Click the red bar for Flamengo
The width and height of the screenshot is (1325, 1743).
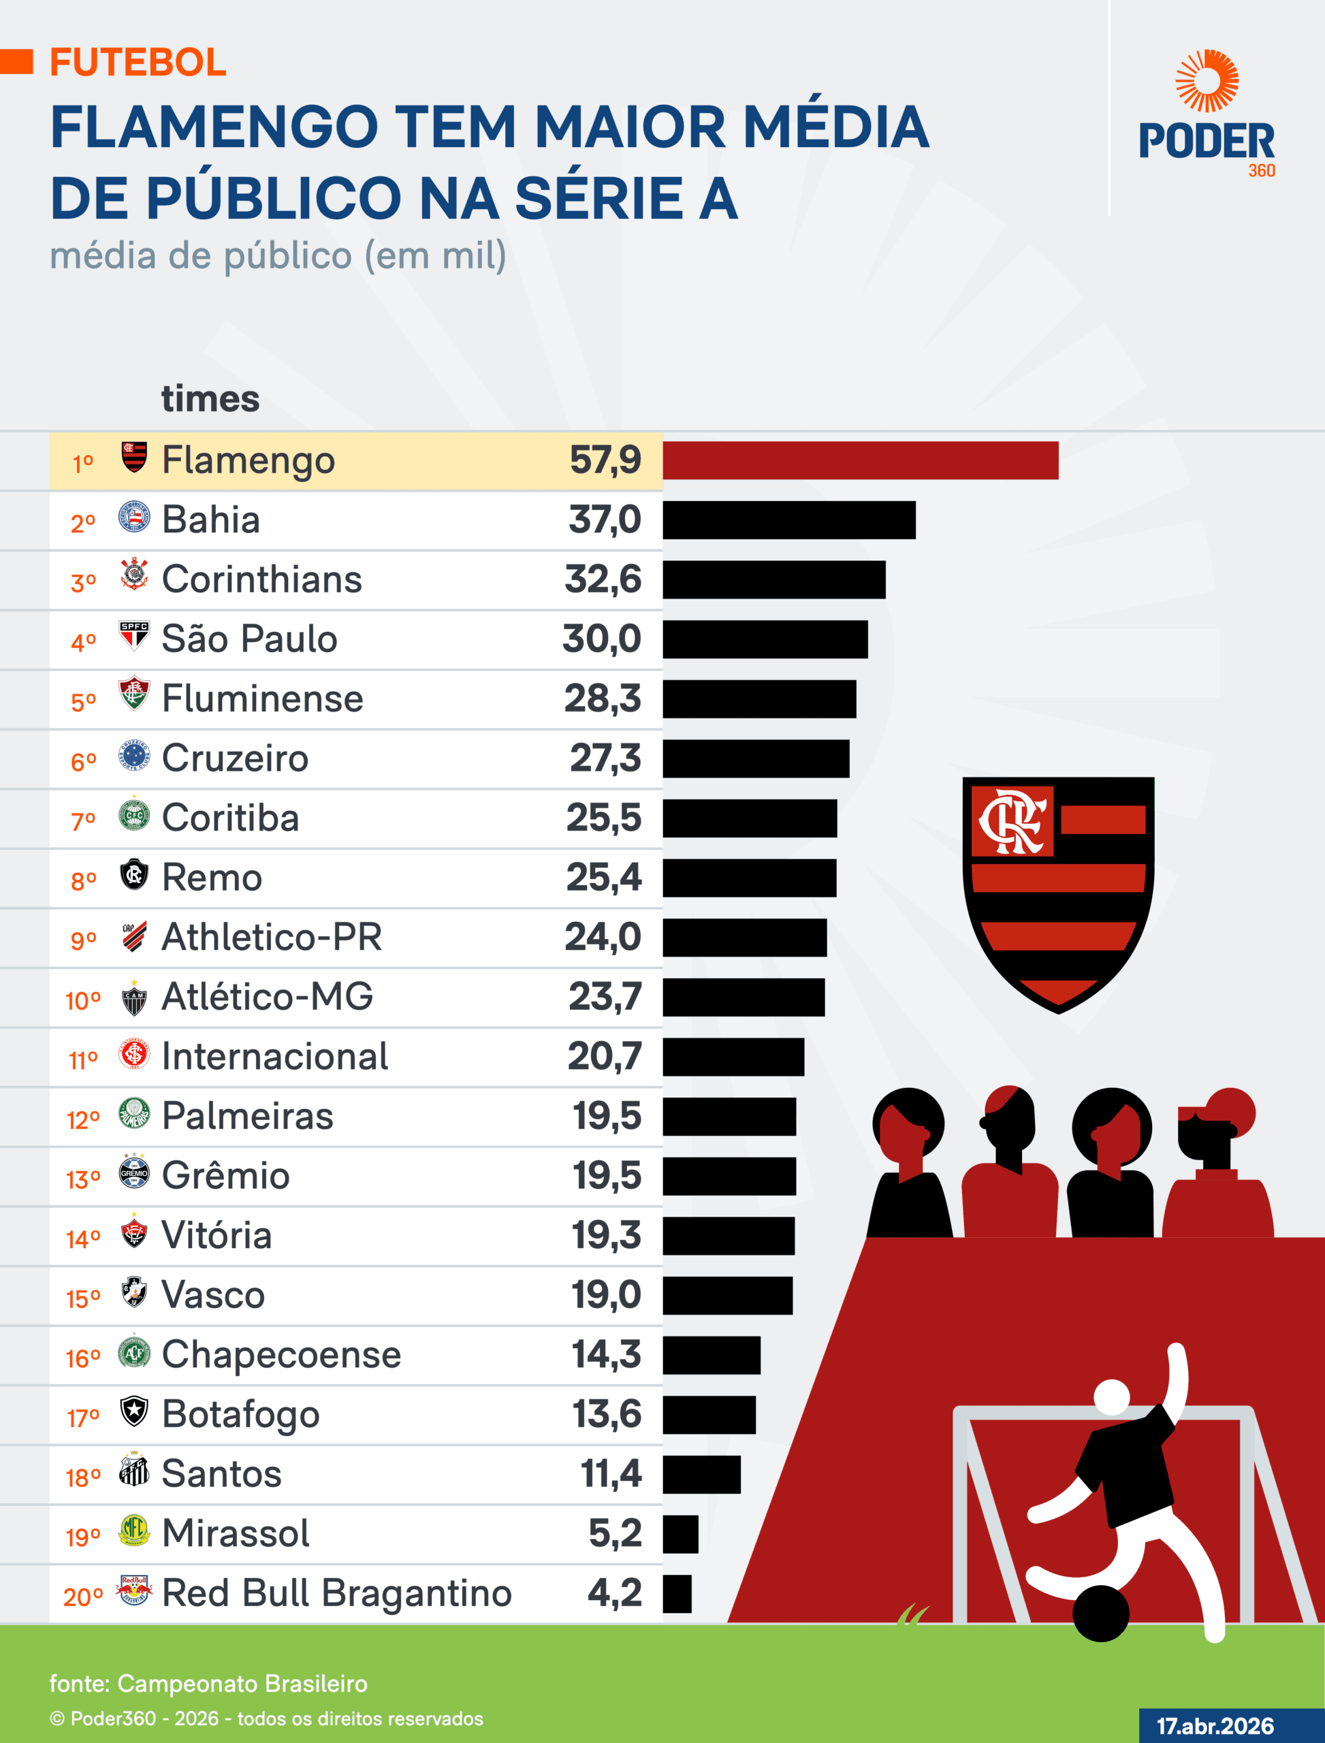pyautogui.click(x=860, y=460)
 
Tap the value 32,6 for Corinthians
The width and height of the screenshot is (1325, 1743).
pyautogui.click(x=603, y=579)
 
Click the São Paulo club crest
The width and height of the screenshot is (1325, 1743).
pyautogui.click(x=134, y=636)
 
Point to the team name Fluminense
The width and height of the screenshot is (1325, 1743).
pyautogui.click(x=263, y=699)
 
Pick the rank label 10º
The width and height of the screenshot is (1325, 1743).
pyautogui.click(x=83, y=1001)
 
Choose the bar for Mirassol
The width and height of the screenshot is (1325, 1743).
pyautogui.click(x=680, y=1534)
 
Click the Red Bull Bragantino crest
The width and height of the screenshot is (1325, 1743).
pyautogui.click(x=134, y=1590)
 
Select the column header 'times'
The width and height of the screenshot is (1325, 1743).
pyautogui.click(x=210, y=399)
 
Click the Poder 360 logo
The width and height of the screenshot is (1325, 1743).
pyautogui.click(x=1206, y=114)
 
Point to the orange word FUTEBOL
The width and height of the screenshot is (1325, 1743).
pyautogui.click(x=138, y=63)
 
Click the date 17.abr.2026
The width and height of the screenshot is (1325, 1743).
pyautogui.click(x=1215, y=1726)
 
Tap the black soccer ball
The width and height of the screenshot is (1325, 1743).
pyautogui.click(x=1101, y=1613)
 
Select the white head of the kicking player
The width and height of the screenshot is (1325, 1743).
pyautogui.click(x=1112, y=1396)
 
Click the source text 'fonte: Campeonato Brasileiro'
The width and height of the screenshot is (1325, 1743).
pyautogui.click(x=208, y=1684)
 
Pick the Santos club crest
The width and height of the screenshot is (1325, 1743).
pyautogui.click(x=134, y=1471)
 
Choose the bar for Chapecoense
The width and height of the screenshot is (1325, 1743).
pyautogui.click(x=712, y=1355)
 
